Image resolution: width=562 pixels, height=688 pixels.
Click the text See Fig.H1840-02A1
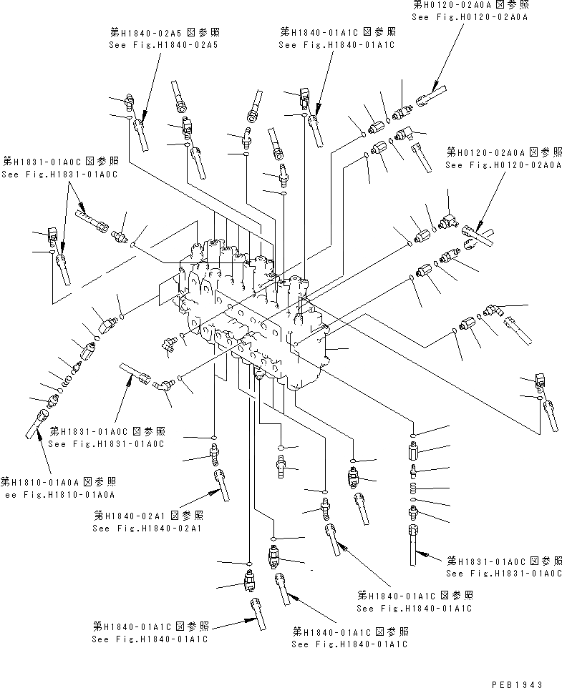coord(147,529)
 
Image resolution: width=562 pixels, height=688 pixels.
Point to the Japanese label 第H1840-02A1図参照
coord(148,516)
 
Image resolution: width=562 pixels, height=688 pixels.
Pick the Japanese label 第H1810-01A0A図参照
coord(59,481)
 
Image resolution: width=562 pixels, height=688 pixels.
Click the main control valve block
coord(258,308)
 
